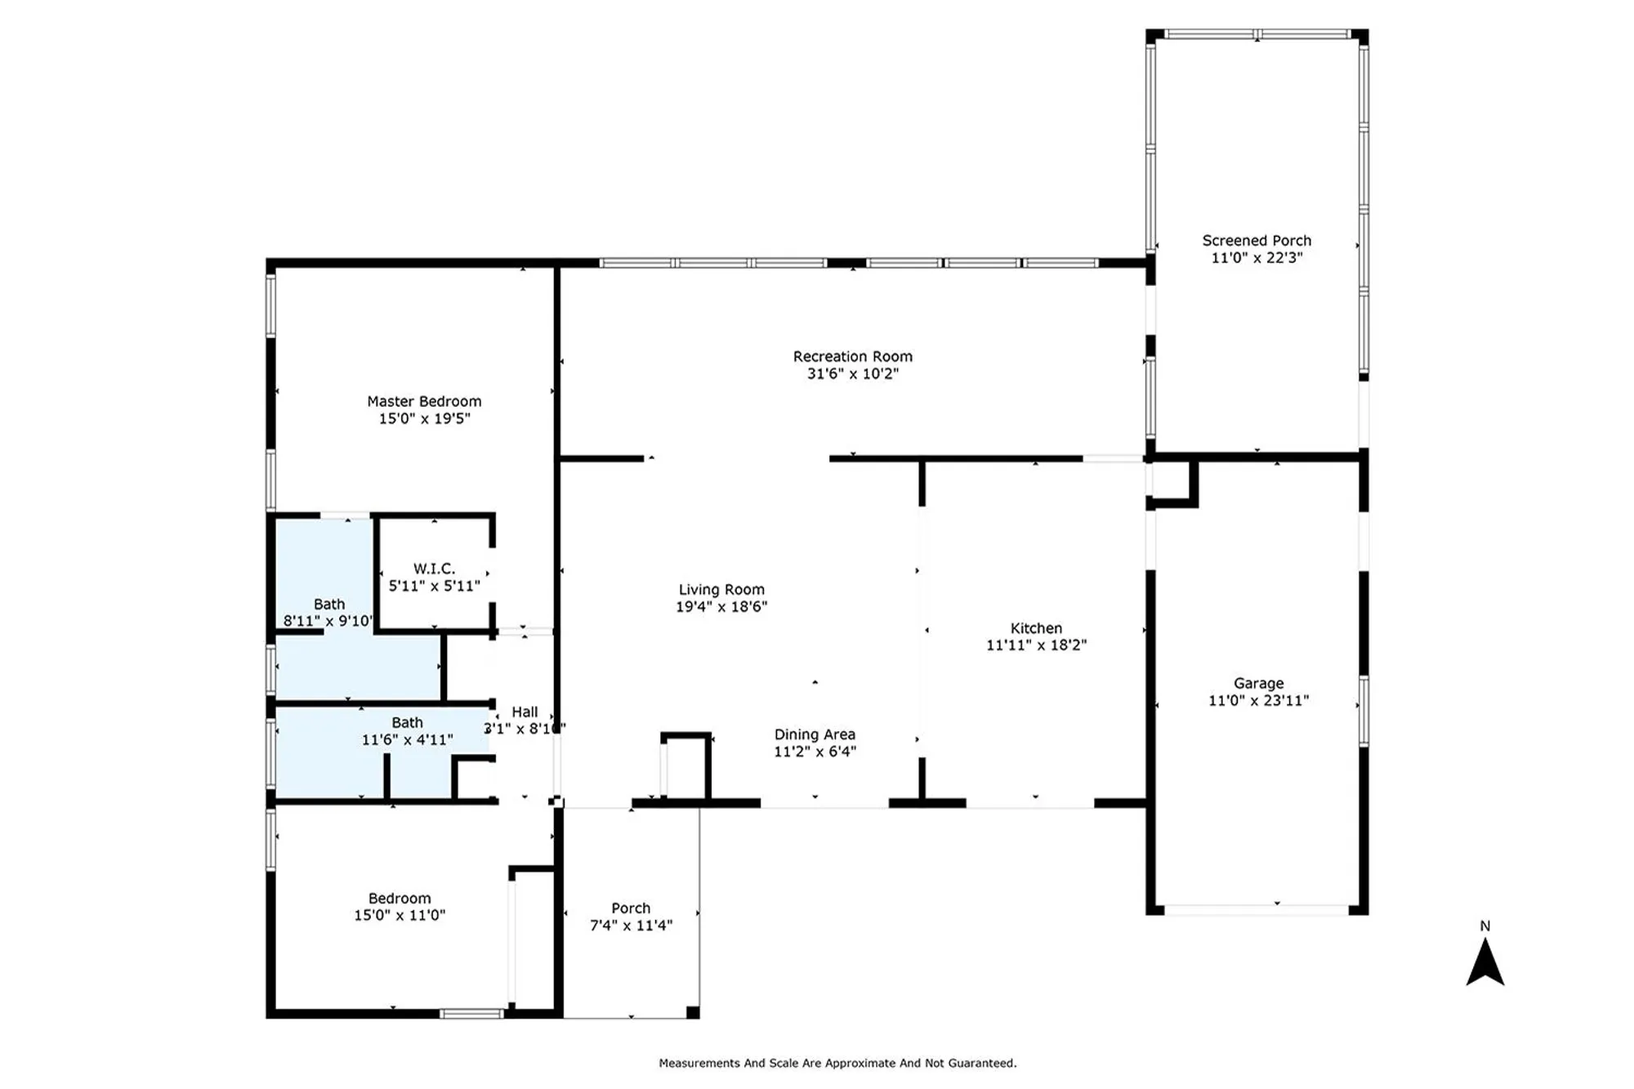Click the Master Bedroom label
click(x=424, y=401)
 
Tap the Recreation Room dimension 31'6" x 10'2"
click(x=852, y=373)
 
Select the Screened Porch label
click(x=1257, y=240)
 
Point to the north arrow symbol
click(x=1484, y=963)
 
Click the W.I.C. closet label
click(x=434, y=568)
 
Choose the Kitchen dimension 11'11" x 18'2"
click(x=1036, y=645)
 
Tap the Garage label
click(x=1258, y=683)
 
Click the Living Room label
click(x=721, y=589)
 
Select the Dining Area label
click(x=815, y=734)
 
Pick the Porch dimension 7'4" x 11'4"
click(x=631, y=925)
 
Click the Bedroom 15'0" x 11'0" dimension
click(x=400, y=915)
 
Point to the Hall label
click(x=525, y=712)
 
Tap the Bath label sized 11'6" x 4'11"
click(x=407, y=722)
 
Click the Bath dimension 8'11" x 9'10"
click(x=328, y=621)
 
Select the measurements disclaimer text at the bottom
click(x=837, y=1063)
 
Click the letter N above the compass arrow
click(x=1484, y=926)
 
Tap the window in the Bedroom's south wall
click(x=471, y=1014)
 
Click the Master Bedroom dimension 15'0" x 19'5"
click(x=424, y=418)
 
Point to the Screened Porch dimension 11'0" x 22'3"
click(x=1257, y=257)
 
